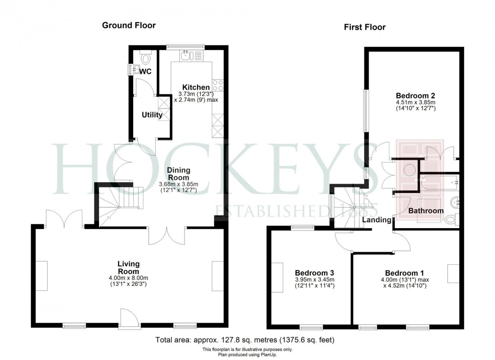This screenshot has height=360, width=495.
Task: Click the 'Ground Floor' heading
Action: pos(129,25)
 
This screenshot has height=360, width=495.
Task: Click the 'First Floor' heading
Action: pos(364,27)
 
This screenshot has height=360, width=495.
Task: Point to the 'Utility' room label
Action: pos(152,115)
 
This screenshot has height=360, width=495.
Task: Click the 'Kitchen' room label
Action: pos(196,87)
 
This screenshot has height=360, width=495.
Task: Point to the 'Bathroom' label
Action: pos(426,211)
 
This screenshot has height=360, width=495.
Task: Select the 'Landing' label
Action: pos(377,220)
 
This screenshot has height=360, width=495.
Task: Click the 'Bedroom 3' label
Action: pos(314,273)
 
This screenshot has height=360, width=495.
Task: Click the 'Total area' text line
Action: pos(245,340)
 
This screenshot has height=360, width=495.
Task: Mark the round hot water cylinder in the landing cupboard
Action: pos(409,170)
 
